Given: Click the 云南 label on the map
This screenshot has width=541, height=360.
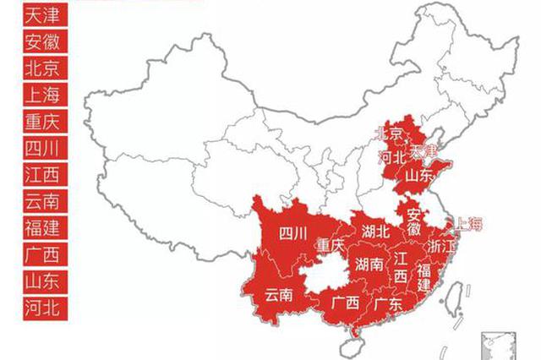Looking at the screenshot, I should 278,295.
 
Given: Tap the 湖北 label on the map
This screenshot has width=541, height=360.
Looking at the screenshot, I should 374,231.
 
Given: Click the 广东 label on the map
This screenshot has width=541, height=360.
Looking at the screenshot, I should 386,303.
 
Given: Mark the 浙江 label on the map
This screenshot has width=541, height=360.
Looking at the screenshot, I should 442,246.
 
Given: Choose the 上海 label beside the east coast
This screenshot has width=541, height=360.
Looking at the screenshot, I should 470,224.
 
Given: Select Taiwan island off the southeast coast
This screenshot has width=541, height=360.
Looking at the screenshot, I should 452,297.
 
